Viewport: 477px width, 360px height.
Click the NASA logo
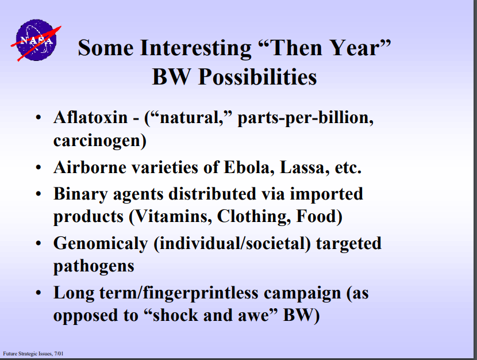[x=36, y=40]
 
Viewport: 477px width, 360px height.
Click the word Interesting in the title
[x=195, y=49]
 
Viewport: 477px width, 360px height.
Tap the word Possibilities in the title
[x=257, y=77]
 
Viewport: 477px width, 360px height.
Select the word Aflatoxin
[x=91, y=117]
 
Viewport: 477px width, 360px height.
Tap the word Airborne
[x=90, y=167]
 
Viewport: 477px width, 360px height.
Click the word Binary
[x=80, y=194]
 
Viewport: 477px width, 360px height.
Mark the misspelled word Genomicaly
[x=101, y=244]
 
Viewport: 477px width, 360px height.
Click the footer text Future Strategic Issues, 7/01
[x=33, y=354]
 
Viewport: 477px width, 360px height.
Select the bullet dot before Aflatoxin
[x=38, y=118]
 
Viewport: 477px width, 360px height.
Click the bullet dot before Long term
[x=38, y=293]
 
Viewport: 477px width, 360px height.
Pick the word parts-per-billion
[x=305, y=118]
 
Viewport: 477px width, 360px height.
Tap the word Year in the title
[x=355, y=49]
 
